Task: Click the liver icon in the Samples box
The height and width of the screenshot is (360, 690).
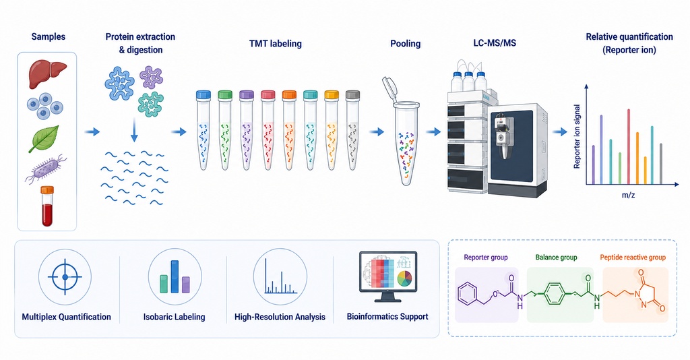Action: pos(48,73)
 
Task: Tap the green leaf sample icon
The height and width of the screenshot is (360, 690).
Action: pos(44,139)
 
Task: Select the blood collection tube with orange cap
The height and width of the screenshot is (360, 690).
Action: pos(47,206)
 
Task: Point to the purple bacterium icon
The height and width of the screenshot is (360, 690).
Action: pos(46,169)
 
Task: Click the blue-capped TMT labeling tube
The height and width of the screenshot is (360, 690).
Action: pos(203,130)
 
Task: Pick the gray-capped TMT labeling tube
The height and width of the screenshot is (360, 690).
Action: pos(352,130)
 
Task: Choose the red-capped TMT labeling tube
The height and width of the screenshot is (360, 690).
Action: pos(268,130)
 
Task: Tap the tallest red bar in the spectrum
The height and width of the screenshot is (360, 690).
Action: pos(629,146)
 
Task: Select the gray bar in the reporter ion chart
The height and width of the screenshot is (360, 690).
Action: pos(661,164)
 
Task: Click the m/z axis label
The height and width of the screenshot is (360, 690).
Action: pos(629,195)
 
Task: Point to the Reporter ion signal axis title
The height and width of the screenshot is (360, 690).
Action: pos(577,136)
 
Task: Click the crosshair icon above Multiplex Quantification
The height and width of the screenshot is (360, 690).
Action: pos(65,277)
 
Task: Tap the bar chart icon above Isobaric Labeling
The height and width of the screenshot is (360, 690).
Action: pos(175,277)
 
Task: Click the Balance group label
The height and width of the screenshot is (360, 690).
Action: pos(556,258)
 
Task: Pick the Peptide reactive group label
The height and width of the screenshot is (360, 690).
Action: pos(633,258)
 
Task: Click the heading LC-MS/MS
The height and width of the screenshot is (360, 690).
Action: pos(495,43)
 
